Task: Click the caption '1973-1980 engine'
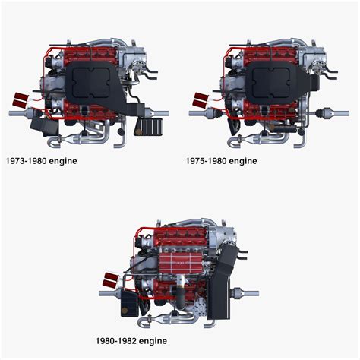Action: coord(41,161)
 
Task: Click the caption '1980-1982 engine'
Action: coord(131,341)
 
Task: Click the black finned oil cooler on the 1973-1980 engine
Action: coord(150,125)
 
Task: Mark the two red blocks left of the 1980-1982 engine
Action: coord(111,277)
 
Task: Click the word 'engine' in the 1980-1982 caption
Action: coord(151,341)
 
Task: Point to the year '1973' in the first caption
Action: coord(17,161)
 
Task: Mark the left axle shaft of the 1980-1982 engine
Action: coord(108,292)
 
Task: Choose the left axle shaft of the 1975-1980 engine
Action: coord(200,114)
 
